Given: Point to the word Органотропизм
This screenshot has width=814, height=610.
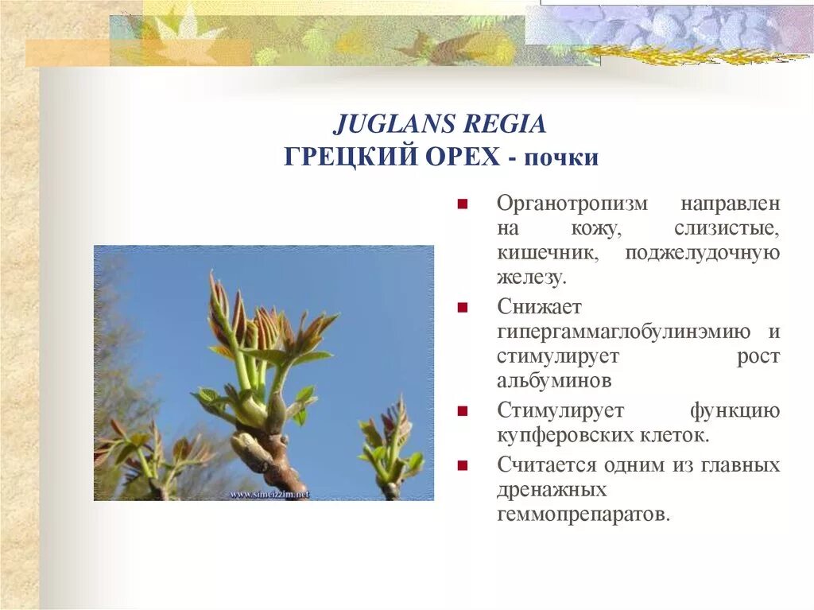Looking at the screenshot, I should pyautogui.click(x=572, y=204).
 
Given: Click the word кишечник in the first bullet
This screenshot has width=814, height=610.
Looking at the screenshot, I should pyautogui.click(x=547, y=253).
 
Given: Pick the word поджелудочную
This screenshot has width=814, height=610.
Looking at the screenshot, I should pyautogui.click(x=702, y=253).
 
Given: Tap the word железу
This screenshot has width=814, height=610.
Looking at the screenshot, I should pyautogui.click(x=532, y=278).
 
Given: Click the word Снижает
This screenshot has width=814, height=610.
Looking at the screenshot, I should pyautogui.click(x=540, y=306).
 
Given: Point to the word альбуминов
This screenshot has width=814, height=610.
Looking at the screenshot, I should pyautogui.click(x=554, y=381).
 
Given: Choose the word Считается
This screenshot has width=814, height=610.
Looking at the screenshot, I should pyautogui.click(x=548, y=464).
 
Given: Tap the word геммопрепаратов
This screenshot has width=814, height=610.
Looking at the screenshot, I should pyautogui.click(x=583, y=514).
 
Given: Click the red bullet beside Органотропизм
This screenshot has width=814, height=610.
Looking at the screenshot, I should pyautogui.click(x=461, y=204).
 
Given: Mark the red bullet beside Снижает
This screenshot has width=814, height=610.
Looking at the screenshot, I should pyautogui.click(x=461, y=307).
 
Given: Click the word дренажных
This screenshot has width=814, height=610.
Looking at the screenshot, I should pyautogui.click(x=551, y=489).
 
